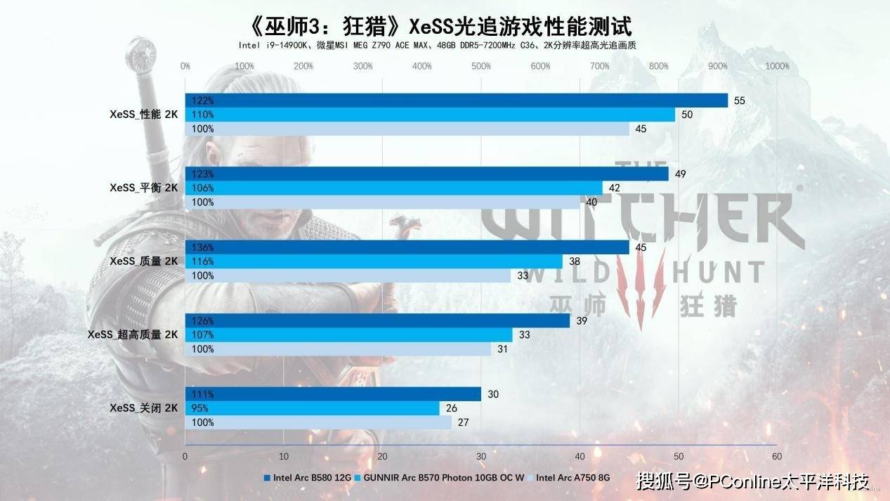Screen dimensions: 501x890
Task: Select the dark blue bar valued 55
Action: pyautogui.click(x=457, y=100)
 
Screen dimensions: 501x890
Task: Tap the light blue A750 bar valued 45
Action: pyautogui.click(x=407, y=129)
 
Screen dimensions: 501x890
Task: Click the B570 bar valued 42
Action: pyautogui.click(x=393, y=188)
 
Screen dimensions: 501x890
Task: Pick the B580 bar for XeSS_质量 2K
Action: pyautogui.click(x=407, y=247)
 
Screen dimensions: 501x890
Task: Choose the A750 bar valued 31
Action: pyautogui.click(x=338, y=349)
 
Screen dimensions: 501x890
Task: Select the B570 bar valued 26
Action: pyautogui.click(x=312, y=408)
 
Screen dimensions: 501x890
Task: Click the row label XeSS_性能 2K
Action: pyautogui.click(x=143, y=115)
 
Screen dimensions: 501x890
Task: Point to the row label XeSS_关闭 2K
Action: pyautogui.click(x=143, y=408)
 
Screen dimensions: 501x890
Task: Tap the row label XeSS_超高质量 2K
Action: pyautogui.click(x=133, y=334)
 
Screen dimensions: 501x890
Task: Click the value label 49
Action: pyautogui.click(x=680, y=174)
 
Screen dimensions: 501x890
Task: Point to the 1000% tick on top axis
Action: pyautogui.click(x=777, y=67)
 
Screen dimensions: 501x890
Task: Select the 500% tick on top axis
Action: pyautogui.click(x=481, y=67)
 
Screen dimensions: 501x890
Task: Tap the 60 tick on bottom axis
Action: pyautogui.click(x=776, y=456)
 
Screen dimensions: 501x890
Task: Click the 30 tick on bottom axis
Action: pyautogui.click(x=480, y=456)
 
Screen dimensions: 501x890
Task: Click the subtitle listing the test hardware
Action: pyautogui.click(x=440, y=45)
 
